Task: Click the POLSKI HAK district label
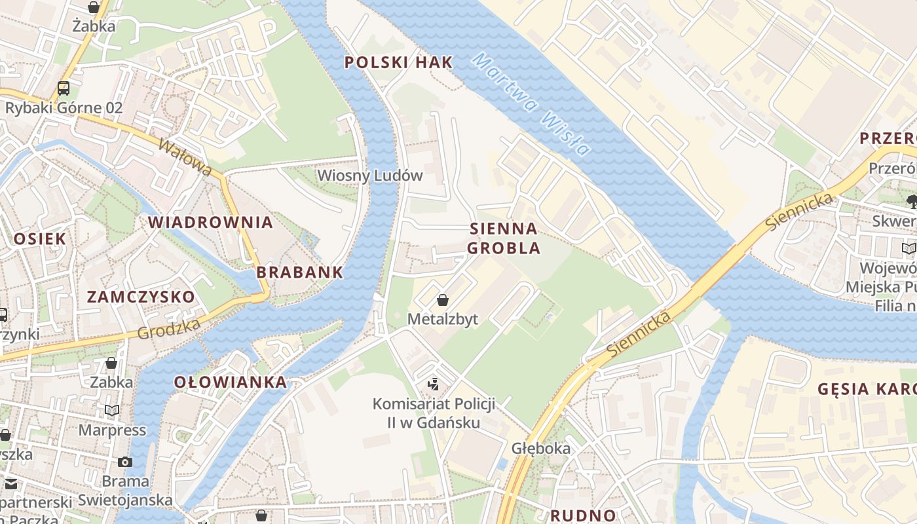pos(398,63)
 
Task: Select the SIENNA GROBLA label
pos(504,238)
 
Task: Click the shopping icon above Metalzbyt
pos(443,300)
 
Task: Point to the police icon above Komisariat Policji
pos(433,384)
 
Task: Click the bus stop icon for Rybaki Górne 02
pos(64,88)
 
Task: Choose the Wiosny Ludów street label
pos(370,176)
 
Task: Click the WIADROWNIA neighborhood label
pos(210,222)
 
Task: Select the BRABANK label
pos(300,272)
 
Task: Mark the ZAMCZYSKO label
pos(141,297)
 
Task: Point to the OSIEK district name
pos(40,238)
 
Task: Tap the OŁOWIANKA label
pos(230,383)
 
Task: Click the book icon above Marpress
pos(113,411)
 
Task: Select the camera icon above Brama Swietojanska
pos(125,462)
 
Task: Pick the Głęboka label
pos(541,449)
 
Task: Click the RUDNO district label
pos(583,515)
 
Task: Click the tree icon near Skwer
pos(910,200)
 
